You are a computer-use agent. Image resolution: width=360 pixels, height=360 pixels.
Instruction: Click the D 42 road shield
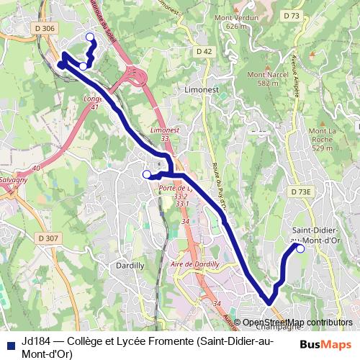[x=204, y=51]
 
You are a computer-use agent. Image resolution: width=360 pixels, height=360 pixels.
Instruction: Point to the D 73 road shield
[x=291, y=15]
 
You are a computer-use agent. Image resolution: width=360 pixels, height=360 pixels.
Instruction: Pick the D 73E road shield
[x=301, y=192]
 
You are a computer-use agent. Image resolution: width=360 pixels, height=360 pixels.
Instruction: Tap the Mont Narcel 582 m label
[x=262, y=78]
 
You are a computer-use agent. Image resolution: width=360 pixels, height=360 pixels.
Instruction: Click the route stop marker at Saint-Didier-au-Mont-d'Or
[x=300, y=249]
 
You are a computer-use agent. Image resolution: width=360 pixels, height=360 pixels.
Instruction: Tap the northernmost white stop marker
[x=90, y=37]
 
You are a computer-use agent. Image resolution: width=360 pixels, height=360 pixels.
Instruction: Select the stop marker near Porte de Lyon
[x=147, y=174]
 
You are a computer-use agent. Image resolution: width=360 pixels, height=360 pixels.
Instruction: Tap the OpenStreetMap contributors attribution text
[x=297, y=323]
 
